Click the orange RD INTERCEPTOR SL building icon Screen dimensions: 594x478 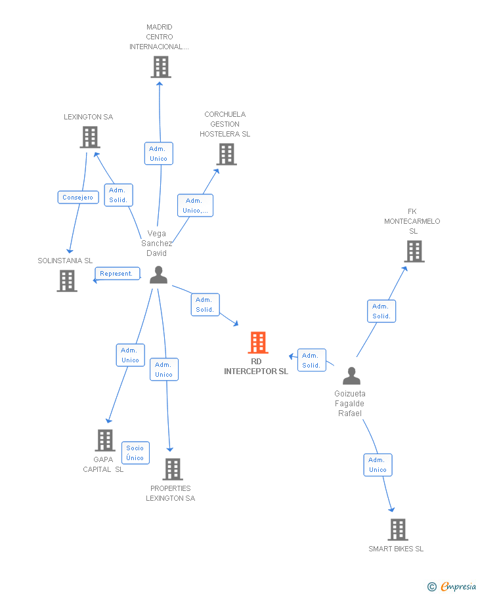click(258, 343)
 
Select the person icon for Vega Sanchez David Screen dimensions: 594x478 click(158, 275)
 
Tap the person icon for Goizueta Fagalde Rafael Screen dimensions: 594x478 click(352, 376)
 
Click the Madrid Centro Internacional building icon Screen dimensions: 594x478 click(160, 67)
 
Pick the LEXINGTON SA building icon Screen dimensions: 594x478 click(89, 137)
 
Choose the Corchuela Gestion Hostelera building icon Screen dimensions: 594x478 click(227, 154)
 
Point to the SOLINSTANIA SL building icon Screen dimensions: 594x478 click(67, 281)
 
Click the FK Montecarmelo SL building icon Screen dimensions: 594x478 click(414, 251)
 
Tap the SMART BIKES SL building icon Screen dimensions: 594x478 click(397, 529)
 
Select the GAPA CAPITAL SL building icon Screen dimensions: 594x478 click(104, 440)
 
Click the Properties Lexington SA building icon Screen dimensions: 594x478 click(172, 469)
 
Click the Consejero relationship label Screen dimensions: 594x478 click(78, 197)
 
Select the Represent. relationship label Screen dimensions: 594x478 click(117, 274)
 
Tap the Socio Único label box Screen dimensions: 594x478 click(135, 453)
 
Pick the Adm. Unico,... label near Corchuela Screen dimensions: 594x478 click(195, 205)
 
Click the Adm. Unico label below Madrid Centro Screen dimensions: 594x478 click(158, 154)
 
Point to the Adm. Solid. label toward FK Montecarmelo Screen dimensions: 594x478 click(381, 311)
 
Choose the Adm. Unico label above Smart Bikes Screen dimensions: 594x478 click(378, 465)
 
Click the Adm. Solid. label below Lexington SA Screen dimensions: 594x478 click(118, 195)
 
